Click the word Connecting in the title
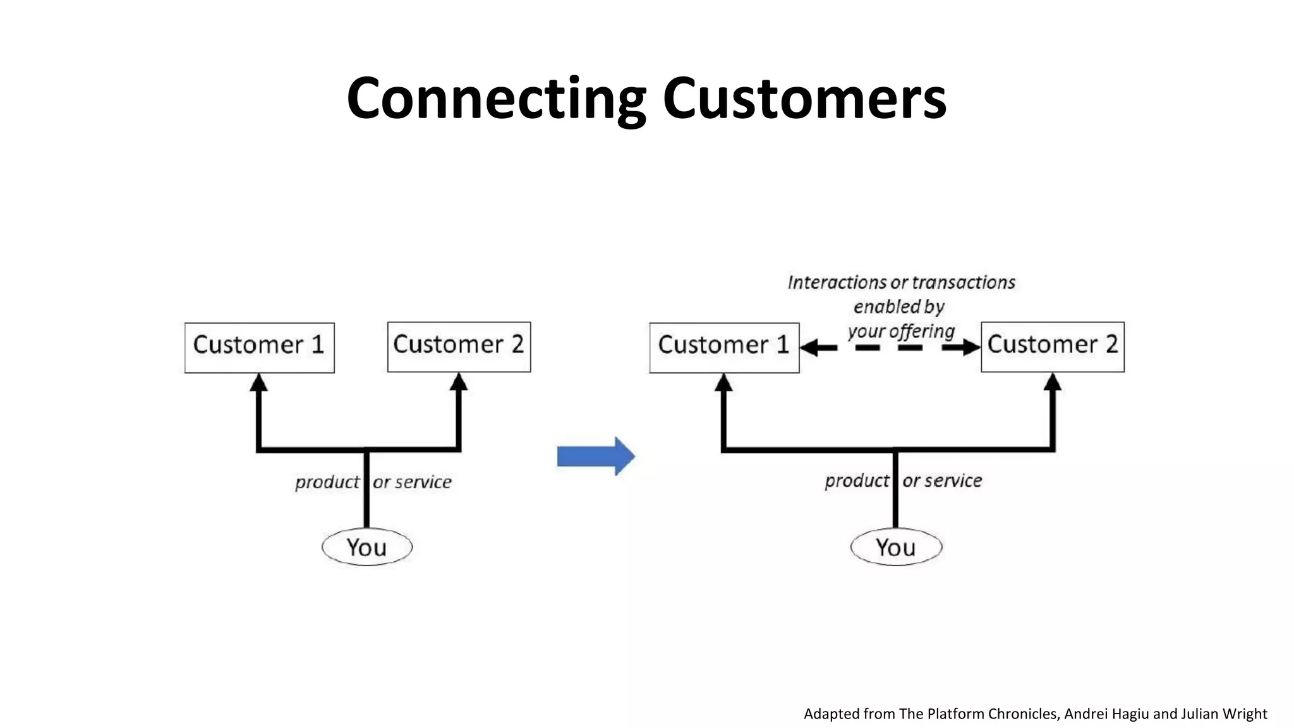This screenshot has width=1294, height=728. (496, 99)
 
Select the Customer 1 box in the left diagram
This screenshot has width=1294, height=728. (259, 347)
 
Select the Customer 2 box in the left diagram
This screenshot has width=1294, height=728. (459, 346)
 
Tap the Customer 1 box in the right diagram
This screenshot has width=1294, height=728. (724, 347)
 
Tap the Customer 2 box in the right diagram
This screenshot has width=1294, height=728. (1053, 346)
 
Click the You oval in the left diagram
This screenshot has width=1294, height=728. (367, 547)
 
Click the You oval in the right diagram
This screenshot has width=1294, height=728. (896, 547)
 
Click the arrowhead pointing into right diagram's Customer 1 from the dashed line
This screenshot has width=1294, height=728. (810, 347)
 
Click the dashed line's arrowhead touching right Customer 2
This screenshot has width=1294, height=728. (970, 347)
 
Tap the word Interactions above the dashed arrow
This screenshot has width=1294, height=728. (837, 282)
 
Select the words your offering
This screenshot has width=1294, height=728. (901, 331)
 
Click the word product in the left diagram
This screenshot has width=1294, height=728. (327, 482)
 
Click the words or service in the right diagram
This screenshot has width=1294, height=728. (942, 481)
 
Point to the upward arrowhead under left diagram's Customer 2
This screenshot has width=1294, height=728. (459, 382)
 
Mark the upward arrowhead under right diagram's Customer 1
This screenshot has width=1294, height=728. (724, 382)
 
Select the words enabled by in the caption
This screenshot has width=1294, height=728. (898, 307)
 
